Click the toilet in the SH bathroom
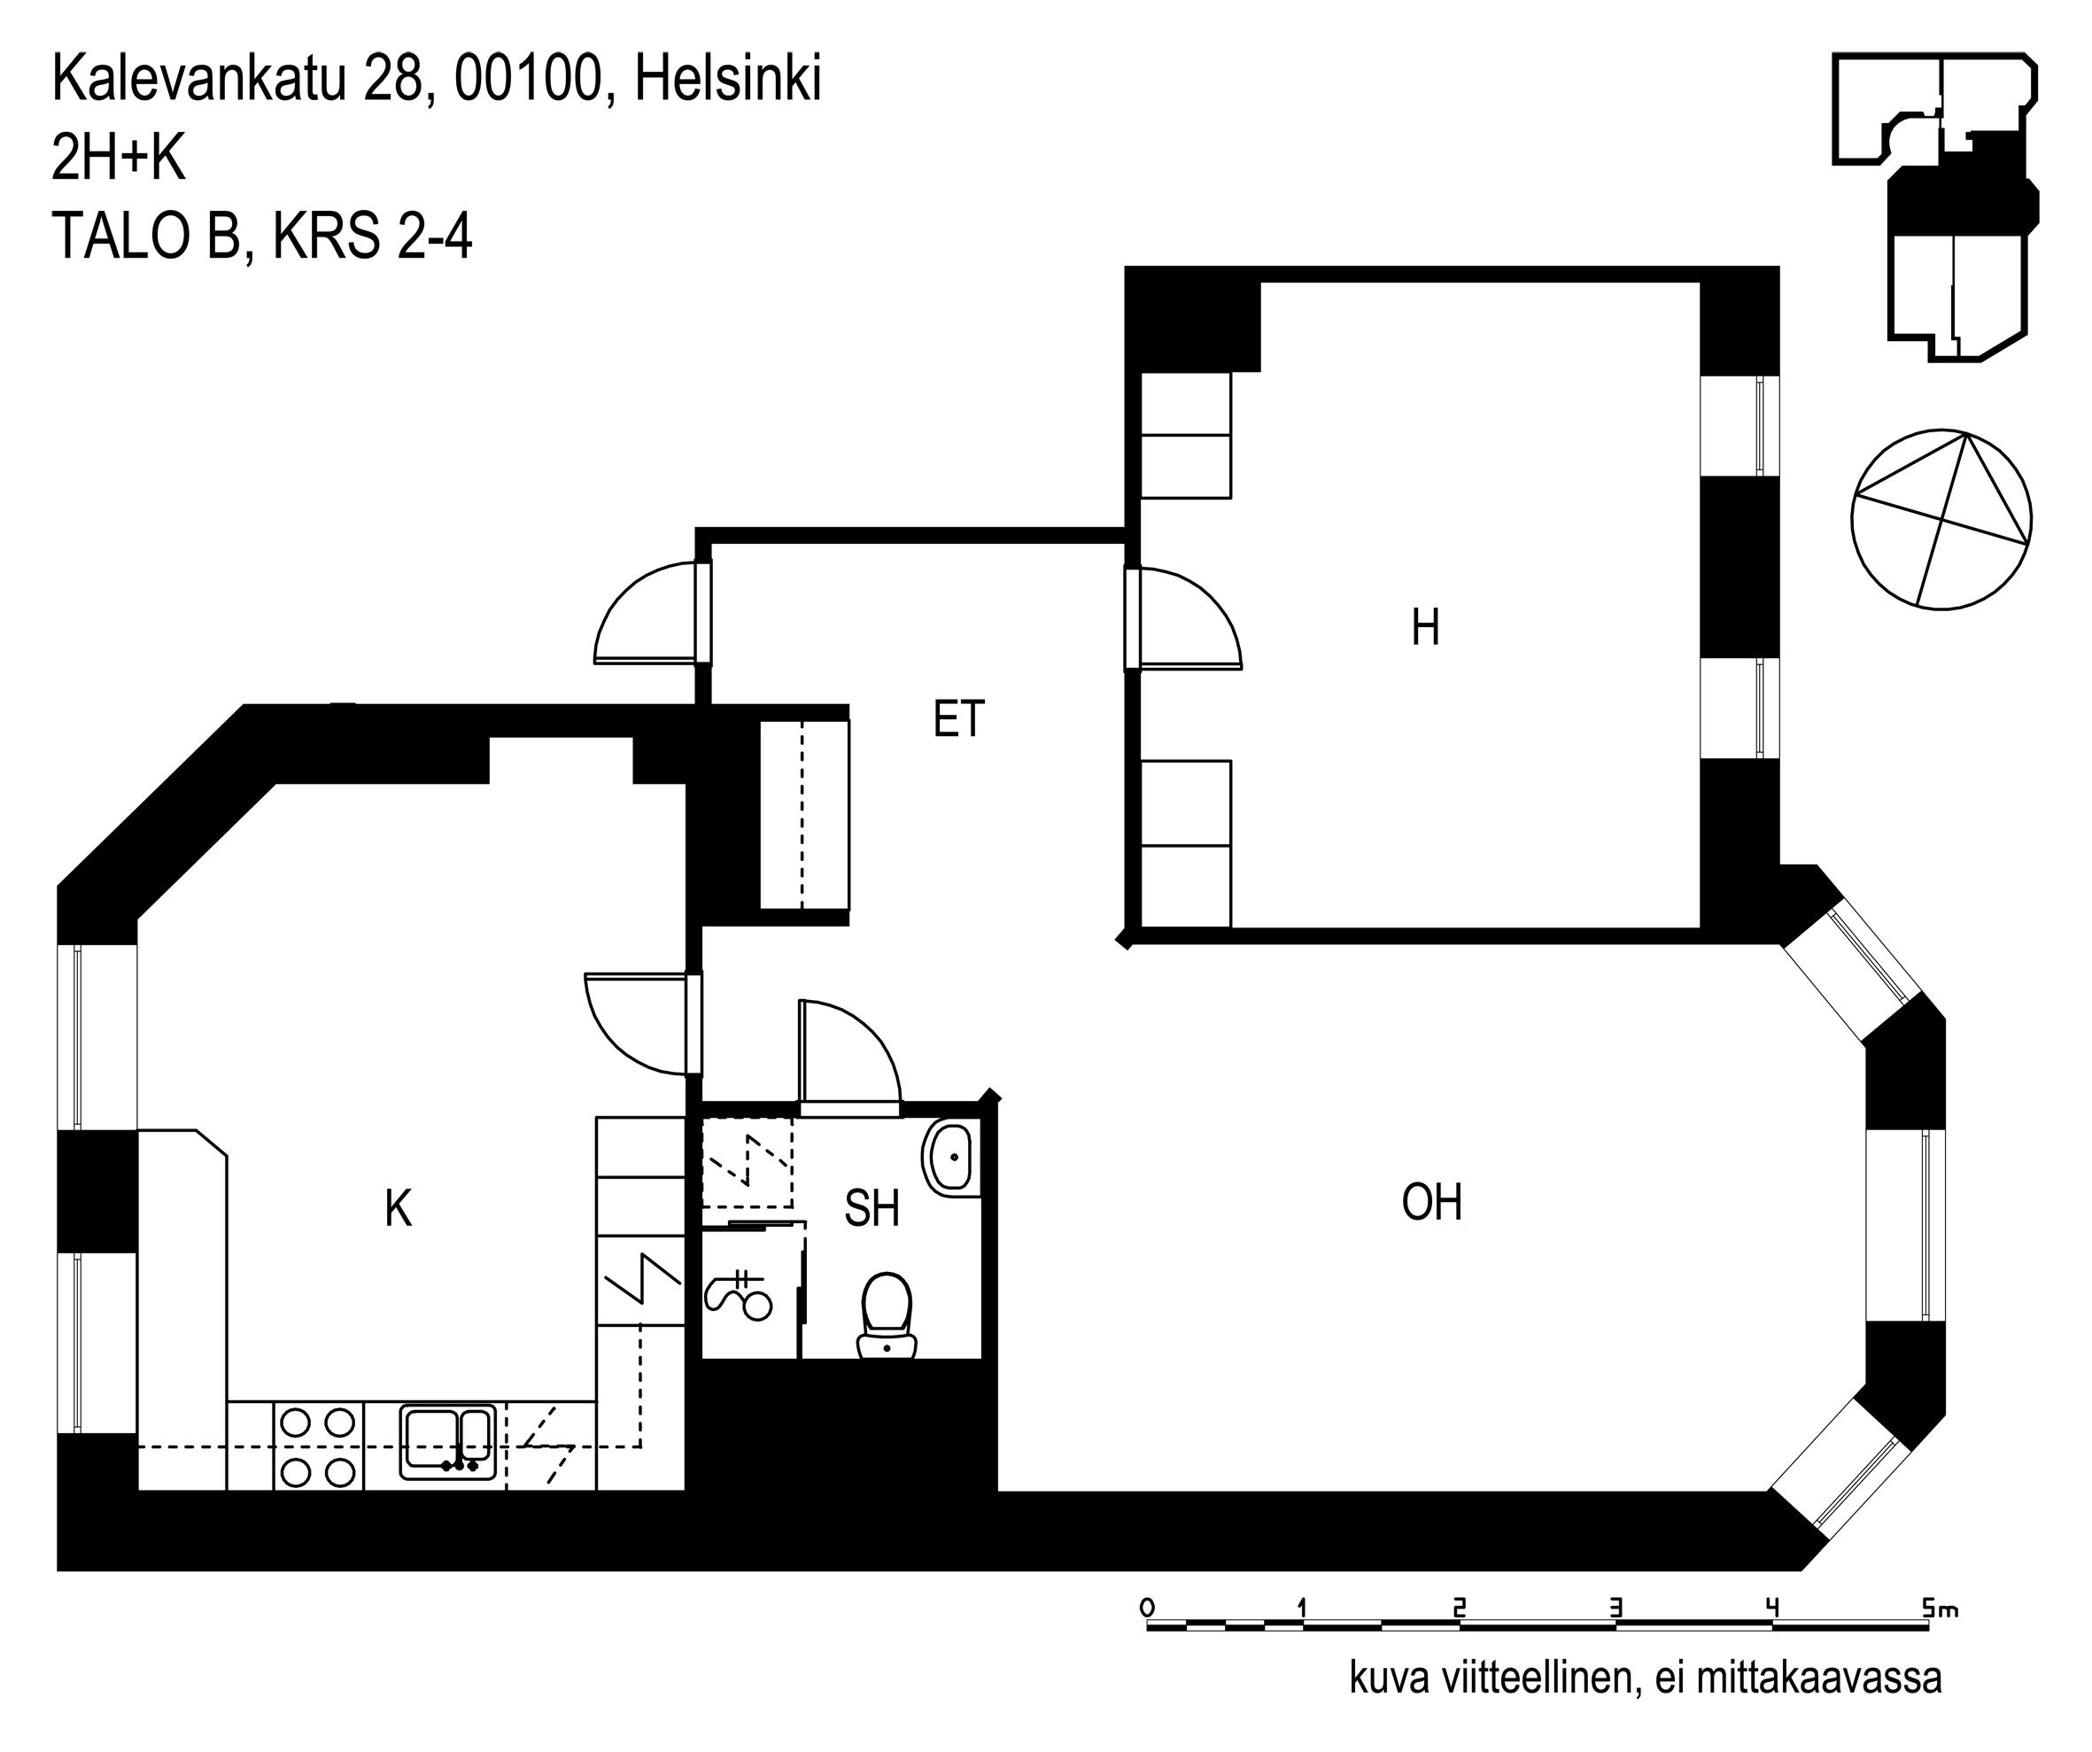(887, 1314)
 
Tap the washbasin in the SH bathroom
(952, 1158)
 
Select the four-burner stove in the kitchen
(319, 1446)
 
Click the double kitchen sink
(448, 1441)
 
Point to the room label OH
(1431, 1202)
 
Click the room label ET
(958, 719)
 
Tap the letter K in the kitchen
(399, 1209)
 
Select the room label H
(1426, 627)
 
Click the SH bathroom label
(872, 1208)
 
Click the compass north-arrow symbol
(1941, 519)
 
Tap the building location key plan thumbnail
(1934, 206)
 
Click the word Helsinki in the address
(727, 80)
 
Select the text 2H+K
(119, 159)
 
